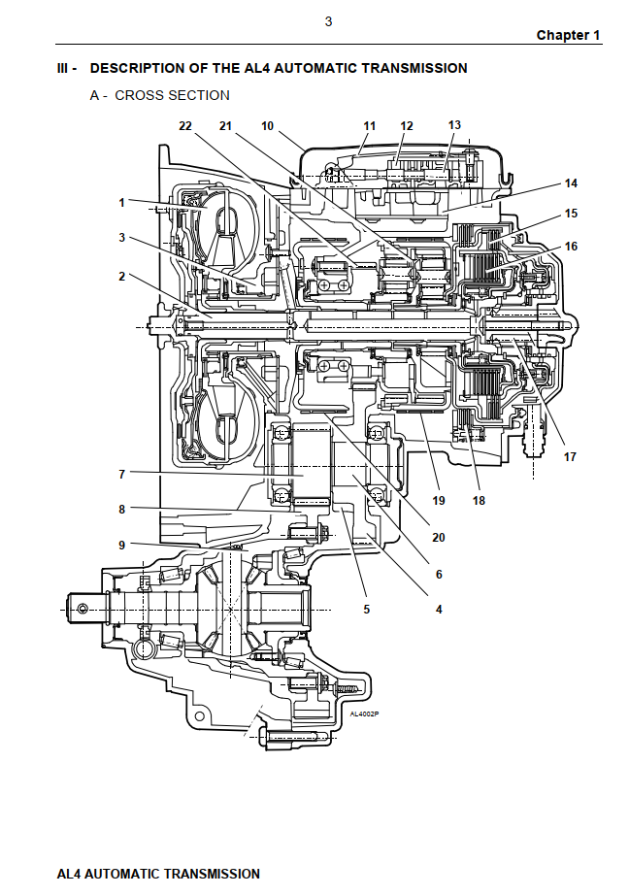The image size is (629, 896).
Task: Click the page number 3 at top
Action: pos(328,21)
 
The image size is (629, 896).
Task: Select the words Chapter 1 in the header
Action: pos(568,35)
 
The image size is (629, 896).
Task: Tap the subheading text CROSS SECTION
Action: pos(172,95)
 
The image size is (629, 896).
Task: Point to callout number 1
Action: pos(122,203)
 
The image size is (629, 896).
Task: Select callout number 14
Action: pos(571,183)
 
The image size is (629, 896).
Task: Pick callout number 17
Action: pos(570,457)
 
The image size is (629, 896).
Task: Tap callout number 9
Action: pos(122,545)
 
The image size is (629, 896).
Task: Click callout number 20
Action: pos(439,537)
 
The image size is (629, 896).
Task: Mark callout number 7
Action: pos(122,475)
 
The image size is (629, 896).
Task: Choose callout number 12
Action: pos(407,126)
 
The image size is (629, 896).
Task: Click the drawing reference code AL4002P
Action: pos(364,715)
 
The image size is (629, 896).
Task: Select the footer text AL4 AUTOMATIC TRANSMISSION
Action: pos(158,874)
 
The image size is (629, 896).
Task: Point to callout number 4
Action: pos(439,610)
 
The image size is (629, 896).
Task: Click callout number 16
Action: pos(571,247)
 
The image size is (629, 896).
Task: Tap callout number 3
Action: pos(122,237)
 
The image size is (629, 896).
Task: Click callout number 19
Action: pos(439,501)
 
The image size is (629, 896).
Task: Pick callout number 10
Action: pos(268,126)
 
